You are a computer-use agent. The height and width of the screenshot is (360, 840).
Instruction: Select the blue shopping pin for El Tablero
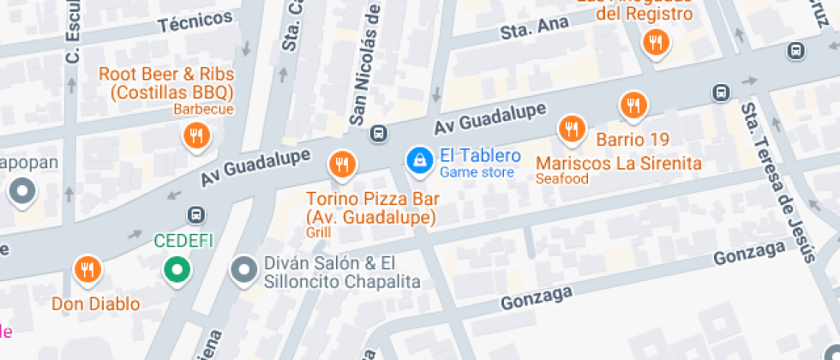[x=419, y=159]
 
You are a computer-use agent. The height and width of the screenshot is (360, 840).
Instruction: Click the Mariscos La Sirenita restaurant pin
[x=571, y=129]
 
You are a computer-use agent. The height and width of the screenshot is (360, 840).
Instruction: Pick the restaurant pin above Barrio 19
[x=633, y=105]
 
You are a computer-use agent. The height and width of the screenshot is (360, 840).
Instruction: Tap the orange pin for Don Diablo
[x=87, y=270]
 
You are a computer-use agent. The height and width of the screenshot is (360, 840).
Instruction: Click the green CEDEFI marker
[x=177, y=271]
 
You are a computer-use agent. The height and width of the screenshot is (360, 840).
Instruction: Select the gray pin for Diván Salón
[x=244, y=270]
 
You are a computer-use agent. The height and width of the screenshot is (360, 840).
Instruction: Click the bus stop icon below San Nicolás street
[x=377, y=134]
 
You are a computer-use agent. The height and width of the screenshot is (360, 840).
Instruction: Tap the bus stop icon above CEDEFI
[x=197, y=214]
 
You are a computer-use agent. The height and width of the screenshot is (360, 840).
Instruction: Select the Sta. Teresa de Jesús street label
[x=777, y=181]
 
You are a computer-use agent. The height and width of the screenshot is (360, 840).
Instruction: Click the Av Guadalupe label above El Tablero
[x=490, y=118]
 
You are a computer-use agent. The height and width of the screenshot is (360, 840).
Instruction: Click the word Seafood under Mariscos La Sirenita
[x=561, y=179]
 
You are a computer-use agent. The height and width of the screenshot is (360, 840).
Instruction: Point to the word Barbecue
[x=203, y=109]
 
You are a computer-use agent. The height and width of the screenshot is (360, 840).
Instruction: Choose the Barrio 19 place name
[x=633, y=140]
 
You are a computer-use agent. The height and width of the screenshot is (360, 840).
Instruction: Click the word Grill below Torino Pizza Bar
[x=317, y=232]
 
